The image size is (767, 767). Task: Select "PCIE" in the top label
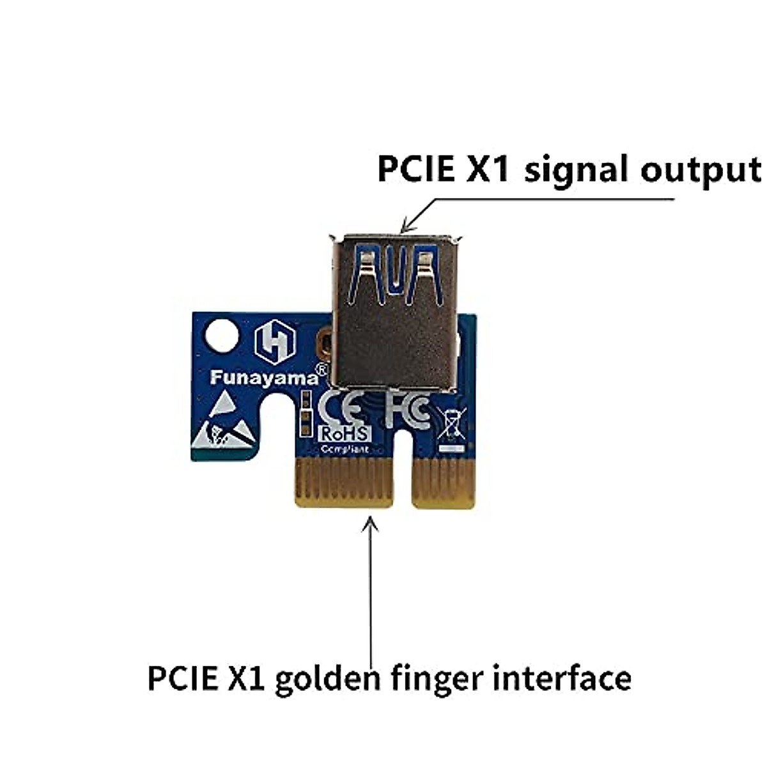click(x=415, y=169)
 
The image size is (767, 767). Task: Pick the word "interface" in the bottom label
click(x=562, y=678)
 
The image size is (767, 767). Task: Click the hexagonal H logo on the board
click(x=275, y=342)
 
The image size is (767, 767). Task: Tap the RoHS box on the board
click(x=344, y=433)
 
